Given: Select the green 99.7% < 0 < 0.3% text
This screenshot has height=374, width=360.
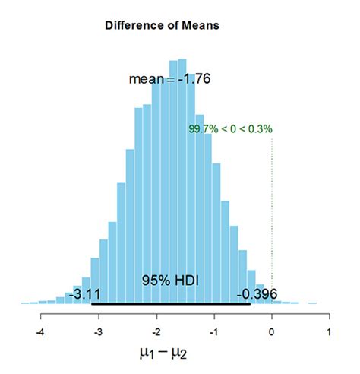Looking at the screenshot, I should pos(230,129).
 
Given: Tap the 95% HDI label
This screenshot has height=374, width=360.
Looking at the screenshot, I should pos(169,280).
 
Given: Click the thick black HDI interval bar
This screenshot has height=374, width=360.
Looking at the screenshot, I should pos(171,304).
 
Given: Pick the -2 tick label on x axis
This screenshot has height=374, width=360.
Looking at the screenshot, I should pos(156,332).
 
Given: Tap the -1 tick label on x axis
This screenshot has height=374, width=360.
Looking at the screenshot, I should pos(213,332).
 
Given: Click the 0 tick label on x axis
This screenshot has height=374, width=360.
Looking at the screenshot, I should pos(272,332).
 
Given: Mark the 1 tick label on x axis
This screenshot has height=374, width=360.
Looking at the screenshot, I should pos(330,332).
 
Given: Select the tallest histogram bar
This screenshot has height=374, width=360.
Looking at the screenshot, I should pos(178,182).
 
